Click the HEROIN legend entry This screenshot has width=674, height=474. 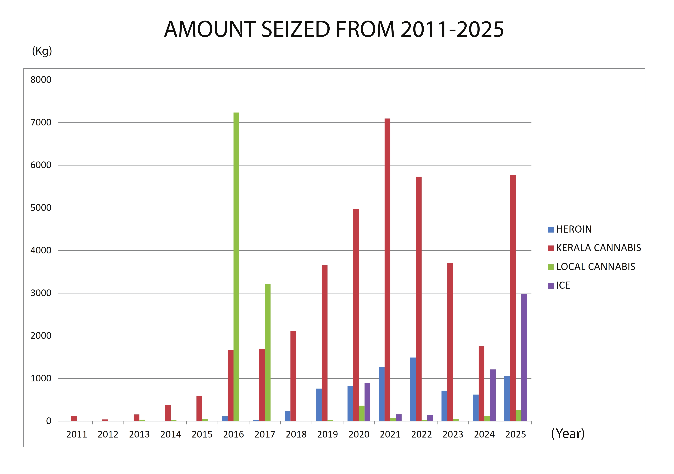click(570, 229)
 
